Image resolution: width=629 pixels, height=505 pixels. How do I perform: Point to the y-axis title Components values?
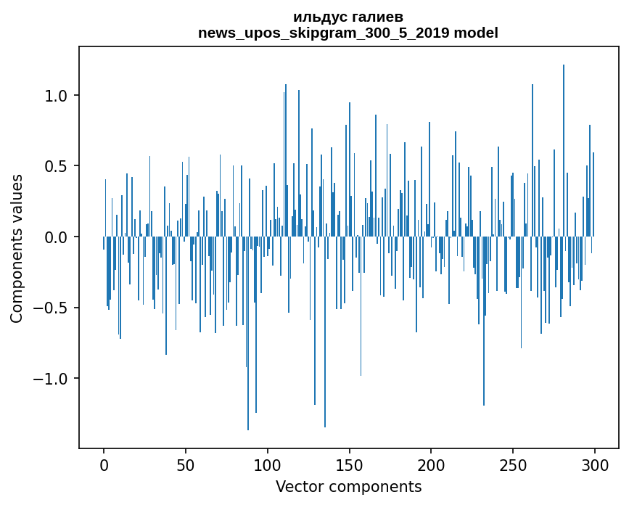pos(16,248)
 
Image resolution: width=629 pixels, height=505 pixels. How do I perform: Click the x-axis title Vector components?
pos(348,486)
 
